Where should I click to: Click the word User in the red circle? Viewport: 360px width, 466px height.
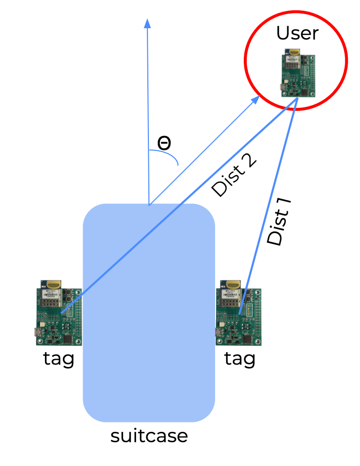pyautogui.click(x=297, y=33)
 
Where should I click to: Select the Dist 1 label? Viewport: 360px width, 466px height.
pyautogui.click(x=279, y=222)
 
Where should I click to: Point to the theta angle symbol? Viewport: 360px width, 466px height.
pyautogui.click(x=164, y=143)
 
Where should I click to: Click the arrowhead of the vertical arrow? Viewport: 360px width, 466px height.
pyautogui.click(x=147, y=23)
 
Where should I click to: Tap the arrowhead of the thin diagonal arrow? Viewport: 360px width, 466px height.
pyautogui.click(x=255, y=99)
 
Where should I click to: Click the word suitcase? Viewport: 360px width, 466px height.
pyautogui.click(x=149, y=436)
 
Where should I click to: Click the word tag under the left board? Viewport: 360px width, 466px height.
pyautogui.click(x=59, y=359)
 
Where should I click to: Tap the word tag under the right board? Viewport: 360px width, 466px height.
pyautogui.click(x=240, y=359)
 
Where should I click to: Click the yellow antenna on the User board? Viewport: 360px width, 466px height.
pyautogui.click(x=294, y=51)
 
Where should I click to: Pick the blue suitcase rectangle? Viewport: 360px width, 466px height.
pyautogui.click(x=149, y=346)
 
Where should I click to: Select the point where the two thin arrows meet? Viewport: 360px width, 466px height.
pyautogui.click(x=148, y=204)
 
